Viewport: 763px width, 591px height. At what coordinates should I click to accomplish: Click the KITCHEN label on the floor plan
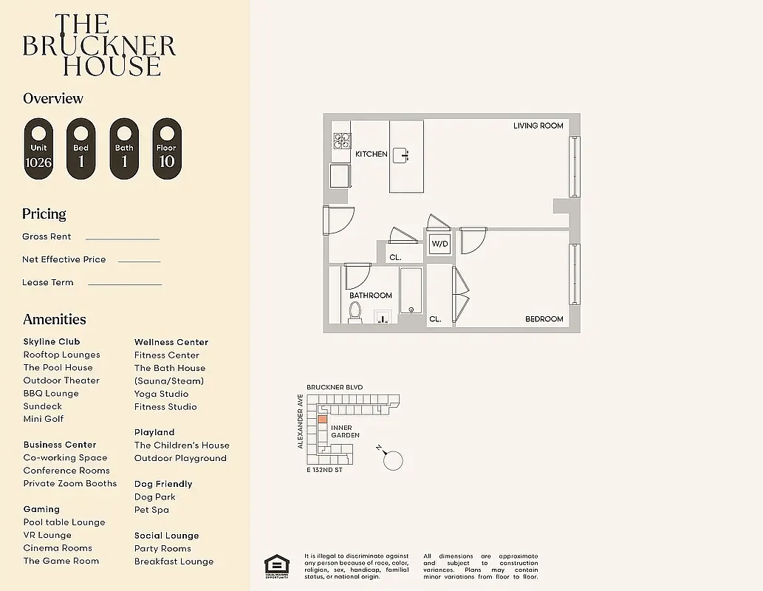point(371,154)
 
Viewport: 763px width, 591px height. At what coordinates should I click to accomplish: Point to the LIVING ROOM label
point(538,126)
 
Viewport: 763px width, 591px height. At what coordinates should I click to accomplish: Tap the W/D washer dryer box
point(440,243)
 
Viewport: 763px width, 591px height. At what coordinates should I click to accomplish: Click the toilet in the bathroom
point(355,313)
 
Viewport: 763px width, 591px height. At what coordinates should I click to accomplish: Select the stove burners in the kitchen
point(341,141)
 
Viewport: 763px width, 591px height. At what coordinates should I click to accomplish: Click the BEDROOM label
point(544,319)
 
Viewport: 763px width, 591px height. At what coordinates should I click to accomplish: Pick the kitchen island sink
point(400,154)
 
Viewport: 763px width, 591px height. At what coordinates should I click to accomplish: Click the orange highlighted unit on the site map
point(322,419)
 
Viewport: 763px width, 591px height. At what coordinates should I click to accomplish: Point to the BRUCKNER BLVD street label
point(335,387)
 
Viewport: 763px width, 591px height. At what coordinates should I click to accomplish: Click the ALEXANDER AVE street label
point(301,421)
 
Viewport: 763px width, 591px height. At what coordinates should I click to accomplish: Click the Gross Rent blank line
point(123,239)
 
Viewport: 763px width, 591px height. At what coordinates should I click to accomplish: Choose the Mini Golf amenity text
point(44,419)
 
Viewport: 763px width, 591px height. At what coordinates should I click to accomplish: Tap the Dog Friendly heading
point(163,484)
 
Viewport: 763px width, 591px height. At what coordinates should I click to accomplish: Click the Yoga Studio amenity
point(161,394)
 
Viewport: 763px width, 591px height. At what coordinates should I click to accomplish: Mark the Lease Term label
point(48,282)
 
